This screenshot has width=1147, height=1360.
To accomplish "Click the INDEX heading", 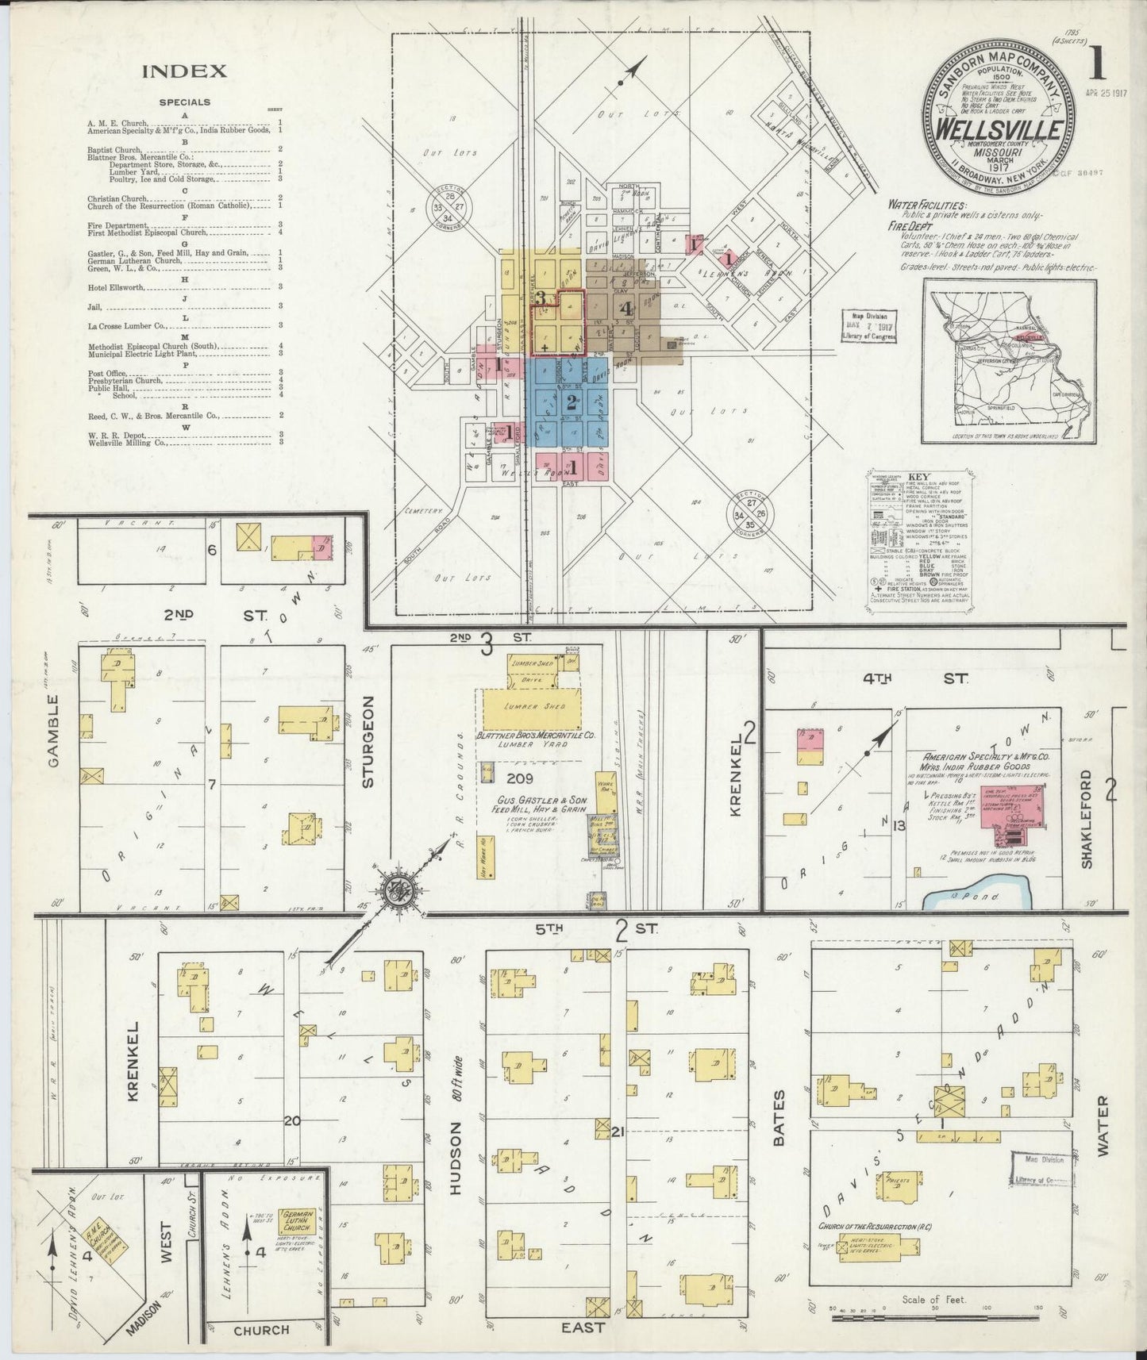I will tap(184, 71).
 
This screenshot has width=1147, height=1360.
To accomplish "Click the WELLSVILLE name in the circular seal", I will tap(998, 129).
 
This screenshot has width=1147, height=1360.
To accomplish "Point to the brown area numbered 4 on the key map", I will tap(627, 308).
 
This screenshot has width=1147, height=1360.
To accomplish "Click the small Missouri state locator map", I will tap(1009, 362).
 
